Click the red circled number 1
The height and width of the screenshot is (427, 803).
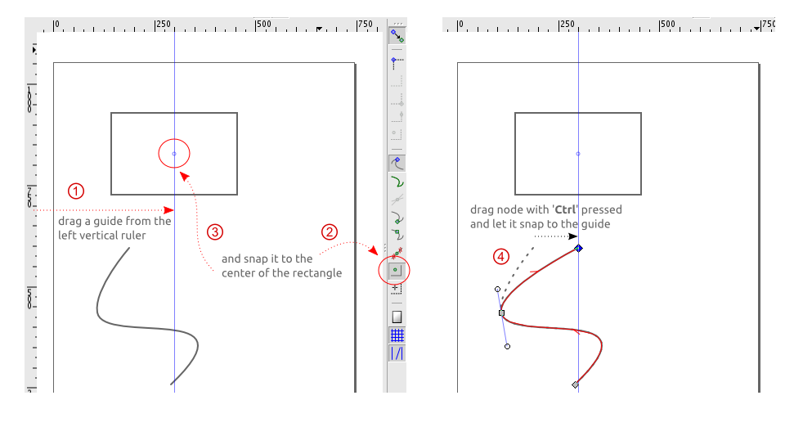click(75, 191)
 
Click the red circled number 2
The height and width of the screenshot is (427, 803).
click(330, 231)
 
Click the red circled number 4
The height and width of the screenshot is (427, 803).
click(501, 256)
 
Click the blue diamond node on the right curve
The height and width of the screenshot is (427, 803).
click(578, 248)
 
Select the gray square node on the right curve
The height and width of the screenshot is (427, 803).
click(501, 312)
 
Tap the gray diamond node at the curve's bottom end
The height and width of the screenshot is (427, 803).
click(576, 384)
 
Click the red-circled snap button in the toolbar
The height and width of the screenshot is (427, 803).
click(397, 269)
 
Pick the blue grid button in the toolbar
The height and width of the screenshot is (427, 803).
click(397, 335)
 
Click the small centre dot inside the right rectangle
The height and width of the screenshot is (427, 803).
click(578, 154)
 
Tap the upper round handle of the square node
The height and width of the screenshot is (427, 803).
click(497, 289)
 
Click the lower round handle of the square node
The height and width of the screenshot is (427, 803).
click(508, 347)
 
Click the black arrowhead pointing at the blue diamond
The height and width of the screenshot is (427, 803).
click(572, 236)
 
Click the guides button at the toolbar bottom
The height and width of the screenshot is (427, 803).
click(397, 353)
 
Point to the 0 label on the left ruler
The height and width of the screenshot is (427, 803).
click(57, 25)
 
